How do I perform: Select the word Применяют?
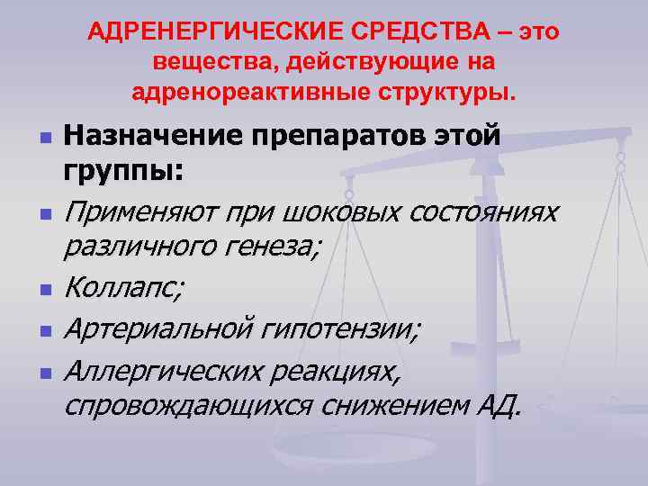(x=138, y=213)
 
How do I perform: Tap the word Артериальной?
(x=159, y=330)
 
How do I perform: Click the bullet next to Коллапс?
(x=44, y=290)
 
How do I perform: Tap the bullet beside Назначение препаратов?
(x=44, y=139)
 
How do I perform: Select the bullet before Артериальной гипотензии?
(x=44, y=331)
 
